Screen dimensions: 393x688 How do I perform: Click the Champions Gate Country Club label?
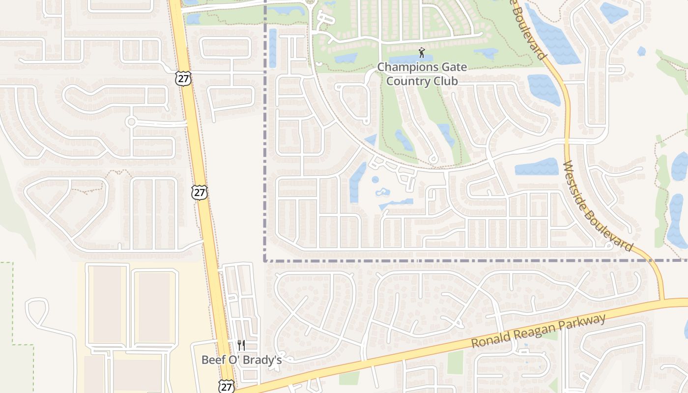422,74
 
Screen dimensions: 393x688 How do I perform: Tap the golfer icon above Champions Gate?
422,53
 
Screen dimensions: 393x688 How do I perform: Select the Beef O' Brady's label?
241,360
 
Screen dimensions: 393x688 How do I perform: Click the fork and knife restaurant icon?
241,345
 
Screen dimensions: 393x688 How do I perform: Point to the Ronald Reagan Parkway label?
539,331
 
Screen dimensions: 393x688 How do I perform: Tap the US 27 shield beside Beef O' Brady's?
227,386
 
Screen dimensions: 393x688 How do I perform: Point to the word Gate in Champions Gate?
452,67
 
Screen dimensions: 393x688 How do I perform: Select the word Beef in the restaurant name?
212,360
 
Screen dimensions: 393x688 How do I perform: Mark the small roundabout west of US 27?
131,121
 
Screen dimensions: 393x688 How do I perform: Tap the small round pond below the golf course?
375,179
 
